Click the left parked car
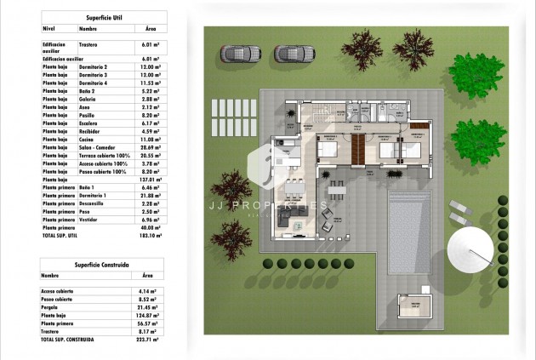click(235, 54)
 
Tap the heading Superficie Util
click(103, 17)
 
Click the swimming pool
click(412, 230)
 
